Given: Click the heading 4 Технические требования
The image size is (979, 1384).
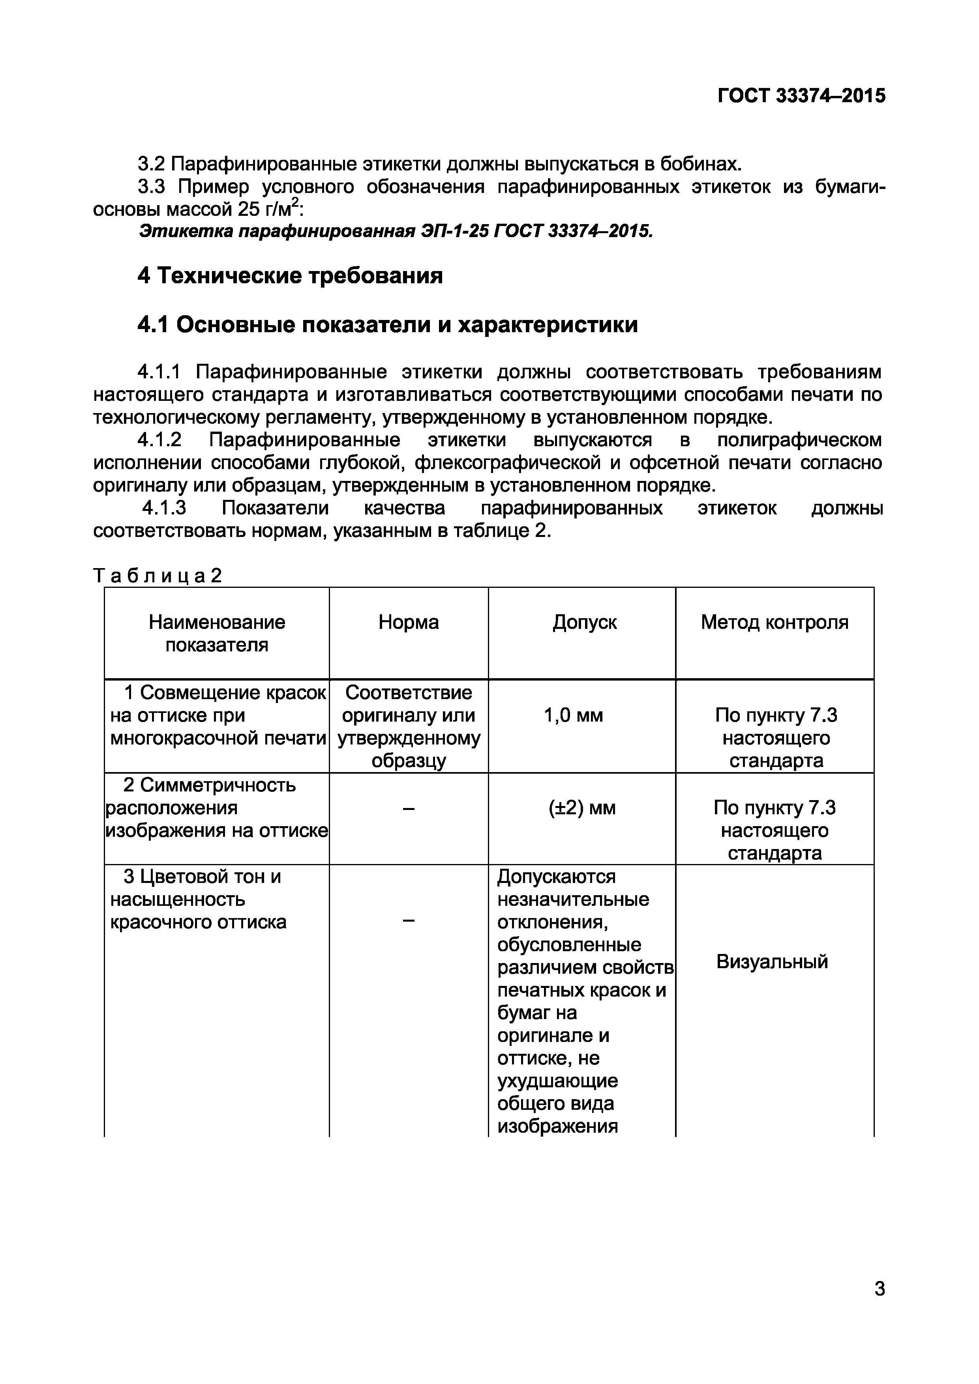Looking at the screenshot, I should click(x=289, y=275).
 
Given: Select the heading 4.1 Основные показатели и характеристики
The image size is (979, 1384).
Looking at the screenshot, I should click(x=387, y=325).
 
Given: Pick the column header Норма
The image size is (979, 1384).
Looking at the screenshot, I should click(x=408, y=622).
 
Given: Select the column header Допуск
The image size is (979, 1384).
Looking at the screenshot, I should click(x=584, y=622).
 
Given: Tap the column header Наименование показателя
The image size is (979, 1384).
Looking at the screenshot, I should click(x=217, y=634).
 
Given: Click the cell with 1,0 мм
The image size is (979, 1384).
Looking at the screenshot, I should click(x=573, y=716).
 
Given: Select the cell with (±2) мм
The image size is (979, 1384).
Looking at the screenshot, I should click(x=582, y=808).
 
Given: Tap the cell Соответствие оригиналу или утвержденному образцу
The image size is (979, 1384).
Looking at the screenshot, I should click(x=408, y=726).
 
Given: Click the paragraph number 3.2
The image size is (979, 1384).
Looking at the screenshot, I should click(x=152, y=164).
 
